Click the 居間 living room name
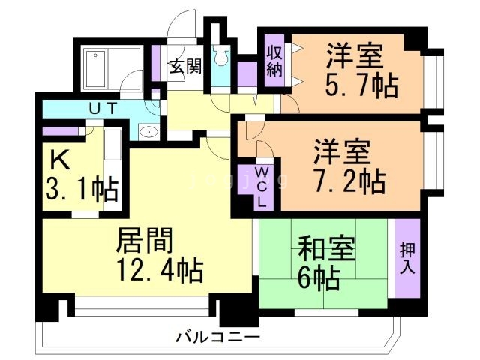[144, 241]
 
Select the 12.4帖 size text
[159, 269]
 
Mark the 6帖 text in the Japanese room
[320, 278]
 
